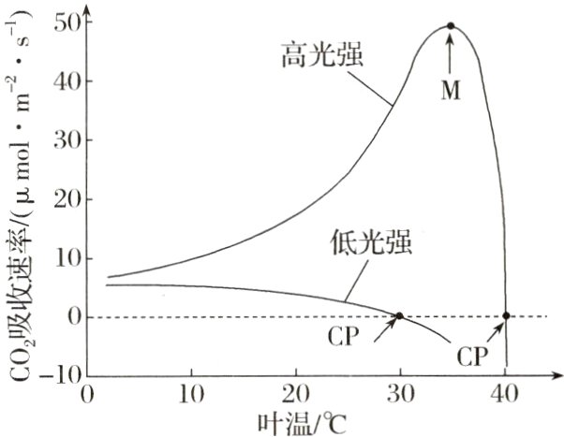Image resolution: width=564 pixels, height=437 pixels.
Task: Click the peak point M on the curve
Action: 451,26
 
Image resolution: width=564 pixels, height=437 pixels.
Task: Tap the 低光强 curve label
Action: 371,242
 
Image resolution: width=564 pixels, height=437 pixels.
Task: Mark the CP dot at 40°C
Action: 507,316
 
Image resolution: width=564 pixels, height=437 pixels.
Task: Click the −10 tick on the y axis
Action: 56,376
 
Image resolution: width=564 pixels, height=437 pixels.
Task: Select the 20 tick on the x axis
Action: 296,394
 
